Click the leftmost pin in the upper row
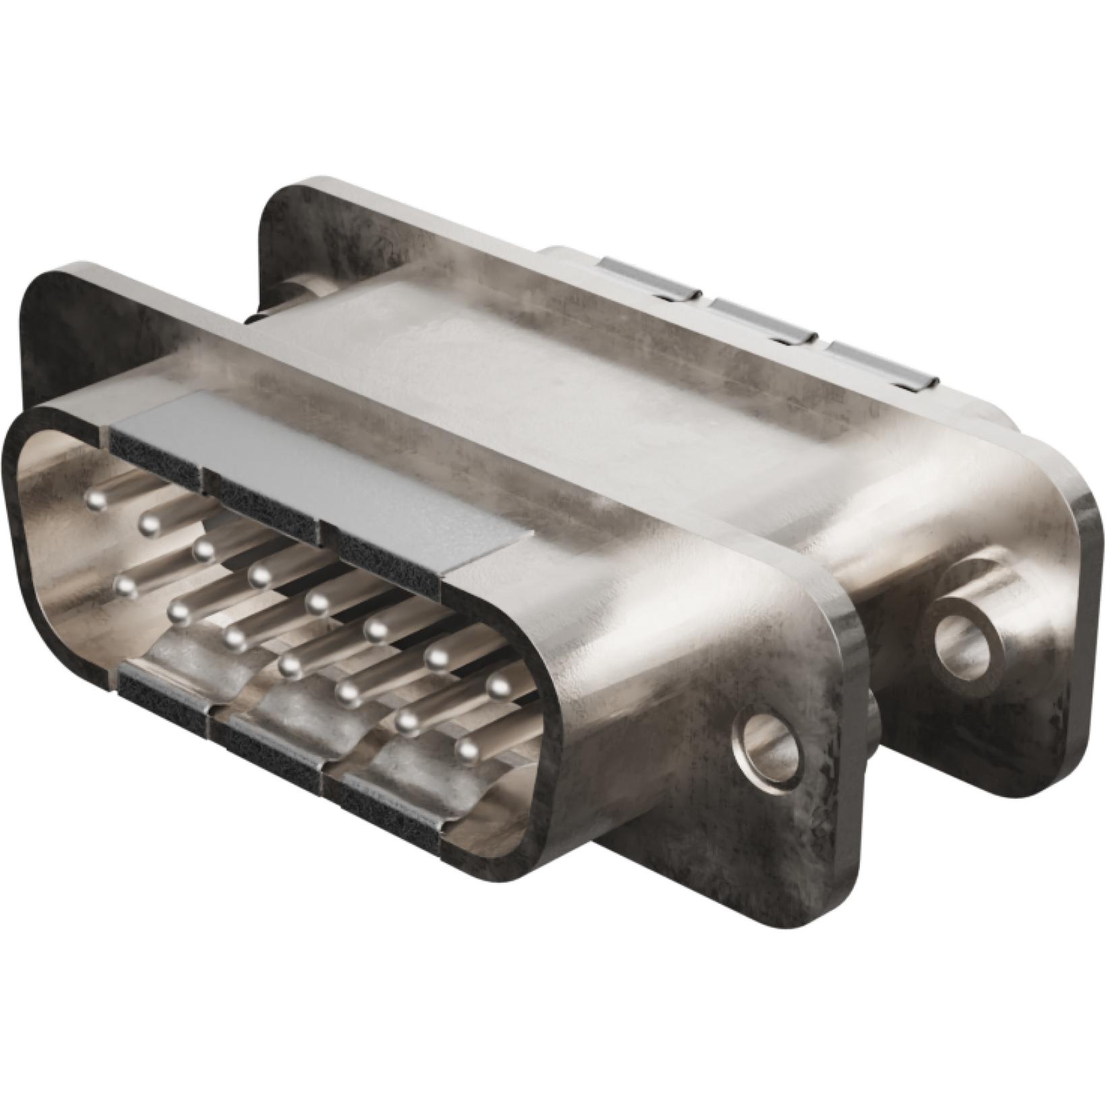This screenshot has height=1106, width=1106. click(98, 500)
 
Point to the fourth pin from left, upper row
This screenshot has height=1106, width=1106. click(260, 575)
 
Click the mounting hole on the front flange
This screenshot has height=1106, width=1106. click(770, 747)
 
